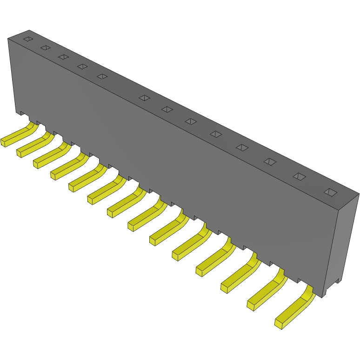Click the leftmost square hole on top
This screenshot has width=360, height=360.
(x=28, y=39)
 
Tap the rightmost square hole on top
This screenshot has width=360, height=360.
(x=330, y=192)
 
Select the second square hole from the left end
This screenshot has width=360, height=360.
(x=45, y=47)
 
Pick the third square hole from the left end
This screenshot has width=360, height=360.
(x=63, y=57)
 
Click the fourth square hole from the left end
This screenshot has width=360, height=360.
(x=82, y=67)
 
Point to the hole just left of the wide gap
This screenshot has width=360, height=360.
(x=102, y=76)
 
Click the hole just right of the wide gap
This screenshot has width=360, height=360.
(x=145, y=98)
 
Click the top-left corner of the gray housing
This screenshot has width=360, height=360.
(x=8, y=39)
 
